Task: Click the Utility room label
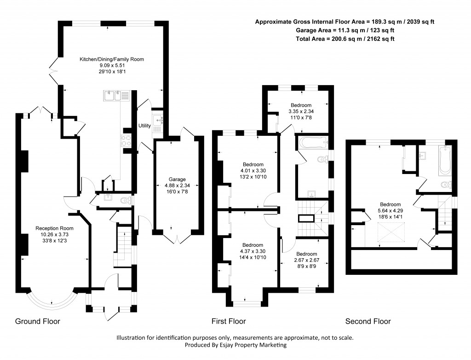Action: coord(144,125)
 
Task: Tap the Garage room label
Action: coord(177,179)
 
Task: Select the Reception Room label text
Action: coord(54,228)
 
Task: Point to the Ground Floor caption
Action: coord(38,321)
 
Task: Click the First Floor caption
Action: coord(229,321)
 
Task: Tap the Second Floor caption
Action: coord(368,321)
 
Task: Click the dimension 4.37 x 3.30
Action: coord(253,251)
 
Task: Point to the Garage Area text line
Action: coord(345,30)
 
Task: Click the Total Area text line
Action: coord(345,39)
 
